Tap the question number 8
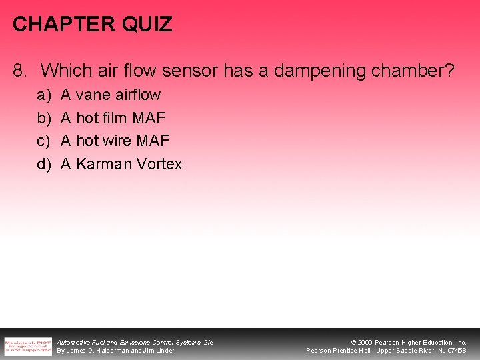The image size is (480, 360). [x=20, y=70]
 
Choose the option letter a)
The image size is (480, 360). [x=43, y=95]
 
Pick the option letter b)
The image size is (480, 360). [x=43, y=119]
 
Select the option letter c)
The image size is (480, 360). [x=43, y=141]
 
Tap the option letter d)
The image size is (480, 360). [x=43, y=164]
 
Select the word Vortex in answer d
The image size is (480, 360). [x=159, y=164]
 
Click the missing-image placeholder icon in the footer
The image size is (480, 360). [x=27, y=345]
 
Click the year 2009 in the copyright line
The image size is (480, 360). [x=366, y=342]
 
